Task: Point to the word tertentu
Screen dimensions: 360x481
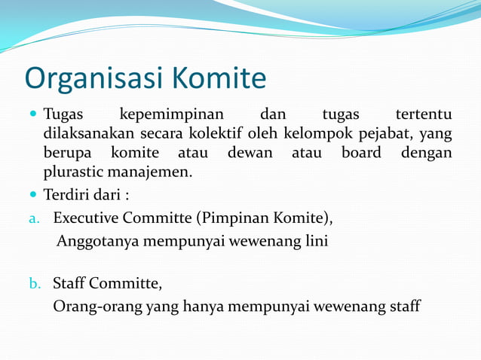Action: pos(424,115)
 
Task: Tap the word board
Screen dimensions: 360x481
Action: pos(361,153)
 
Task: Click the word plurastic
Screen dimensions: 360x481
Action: pos(74,172)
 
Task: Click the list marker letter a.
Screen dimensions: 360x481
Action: pos(33,219)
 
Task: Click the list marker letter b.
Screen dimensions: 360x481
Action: pos(33,284)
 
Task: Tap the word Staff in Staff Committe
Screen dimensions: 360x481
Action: pos(69,284)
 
